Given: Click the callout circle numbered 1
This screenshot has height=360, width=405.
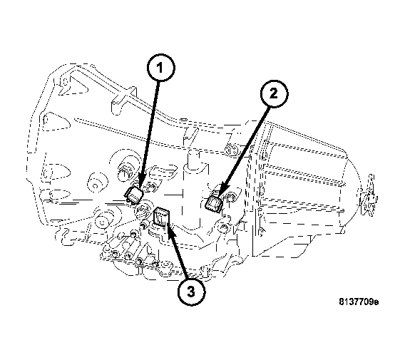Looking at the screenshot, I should coord(161,69).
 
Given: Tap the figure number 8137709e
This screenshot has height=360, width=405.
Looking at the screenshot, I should coord(359,302).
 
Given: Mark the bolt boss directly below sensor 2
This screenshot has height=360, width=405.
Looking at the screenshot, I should coord(225,227).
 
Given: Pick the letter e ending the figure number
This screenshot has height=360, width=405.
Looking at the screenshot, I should coord(376,302).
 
